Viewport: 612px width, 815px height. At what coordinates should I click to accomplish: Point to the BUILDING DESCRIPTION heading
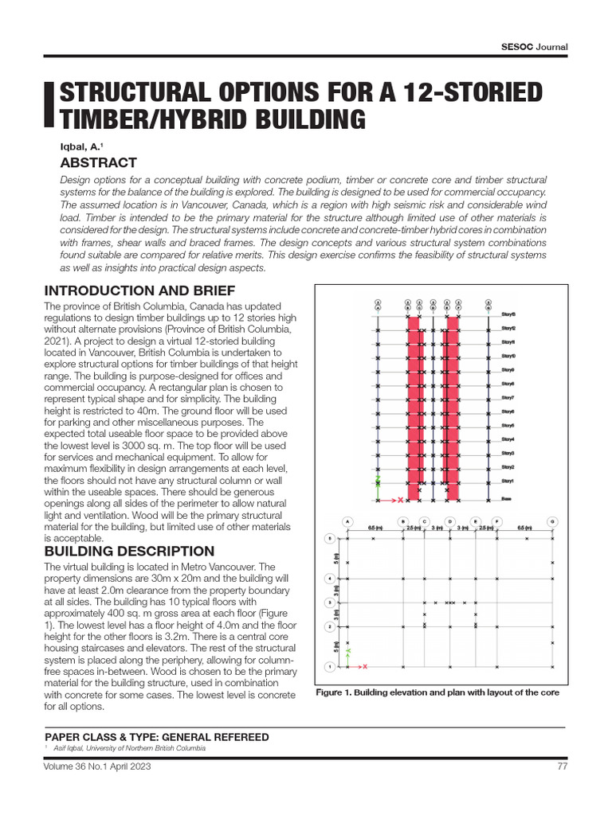[129, 551]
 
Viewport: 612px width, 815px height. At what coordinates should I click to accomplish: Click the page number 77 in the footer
[561, 766]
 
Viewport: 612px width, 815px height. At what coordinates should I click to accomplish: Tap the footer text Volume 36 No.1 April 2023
[98, 766]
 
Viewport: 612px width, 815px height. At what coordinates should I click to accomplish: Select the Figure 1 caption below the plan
[437, 692]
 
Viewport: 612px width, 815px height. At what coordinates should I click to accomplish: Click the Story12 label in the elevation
[508, 329]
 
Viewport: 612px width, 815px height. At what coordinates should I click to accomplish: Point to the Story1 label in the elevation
[507, 482]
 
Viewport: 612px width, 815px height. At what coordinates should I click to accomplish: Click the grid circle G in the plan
[553, 521]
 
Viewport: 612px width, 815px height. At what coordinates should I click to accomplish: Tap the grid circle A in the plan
[348, 521]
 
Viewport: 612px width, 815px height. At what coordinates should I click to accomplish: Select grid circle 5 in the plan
[329, 539]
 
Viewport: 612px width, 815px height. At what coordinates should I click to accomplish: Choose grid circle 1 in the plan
[329, 665]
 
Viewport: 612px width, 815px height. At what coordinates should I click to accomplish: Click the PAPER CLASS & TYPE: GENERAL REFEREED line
[156, 737]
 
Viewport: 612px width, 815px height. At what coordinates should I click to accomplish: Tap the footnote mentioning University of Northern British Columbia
[129, 749]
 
